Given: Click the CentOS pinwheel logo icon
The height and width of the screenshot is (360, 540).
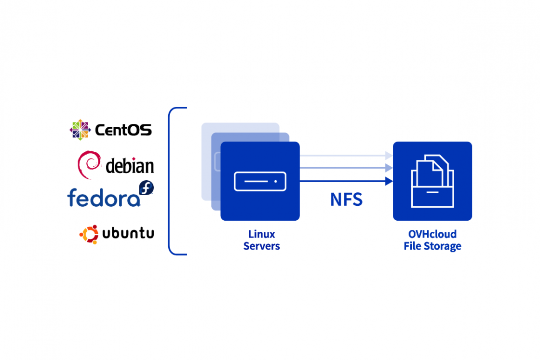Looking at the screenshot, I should (80, 130).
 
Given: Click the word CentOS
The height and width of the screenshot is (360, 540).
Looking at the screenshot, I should (123, 130).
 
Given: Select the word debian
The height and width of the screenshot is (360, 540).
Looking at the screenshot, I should (130, 166).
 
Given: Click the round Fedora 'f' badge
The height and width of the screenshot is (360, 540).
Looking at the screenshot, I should (146, 188).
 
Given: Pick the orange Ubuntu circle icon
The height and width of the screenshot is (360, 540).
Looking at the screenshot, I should (89, 234).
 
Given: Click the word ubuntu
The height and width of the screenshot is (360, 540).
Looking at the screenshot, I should (128, 234).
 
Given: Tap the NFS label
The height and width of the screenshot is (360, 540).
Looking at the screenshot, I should (346, 200).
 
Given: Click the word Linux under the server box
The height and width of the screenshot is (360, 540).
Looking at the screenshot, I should (262, 234).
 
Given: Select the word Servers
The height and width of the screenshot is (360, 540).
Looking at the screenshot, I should (262, 246).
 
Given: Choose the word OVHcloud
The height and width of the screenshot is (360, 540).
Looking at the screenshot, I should (432, 234).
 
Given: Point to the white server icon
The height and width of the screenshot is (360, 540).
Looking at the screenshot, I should (260, 181).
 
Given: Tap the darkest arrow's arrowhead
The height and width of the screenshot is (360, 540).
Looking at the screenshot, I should (389, 181).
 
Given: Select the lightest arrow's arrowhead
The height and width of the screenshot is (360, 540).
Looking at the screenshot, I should (389, 155).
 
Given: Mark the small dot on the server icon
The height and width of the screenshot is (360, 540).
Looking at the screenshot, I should (275, 181).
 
